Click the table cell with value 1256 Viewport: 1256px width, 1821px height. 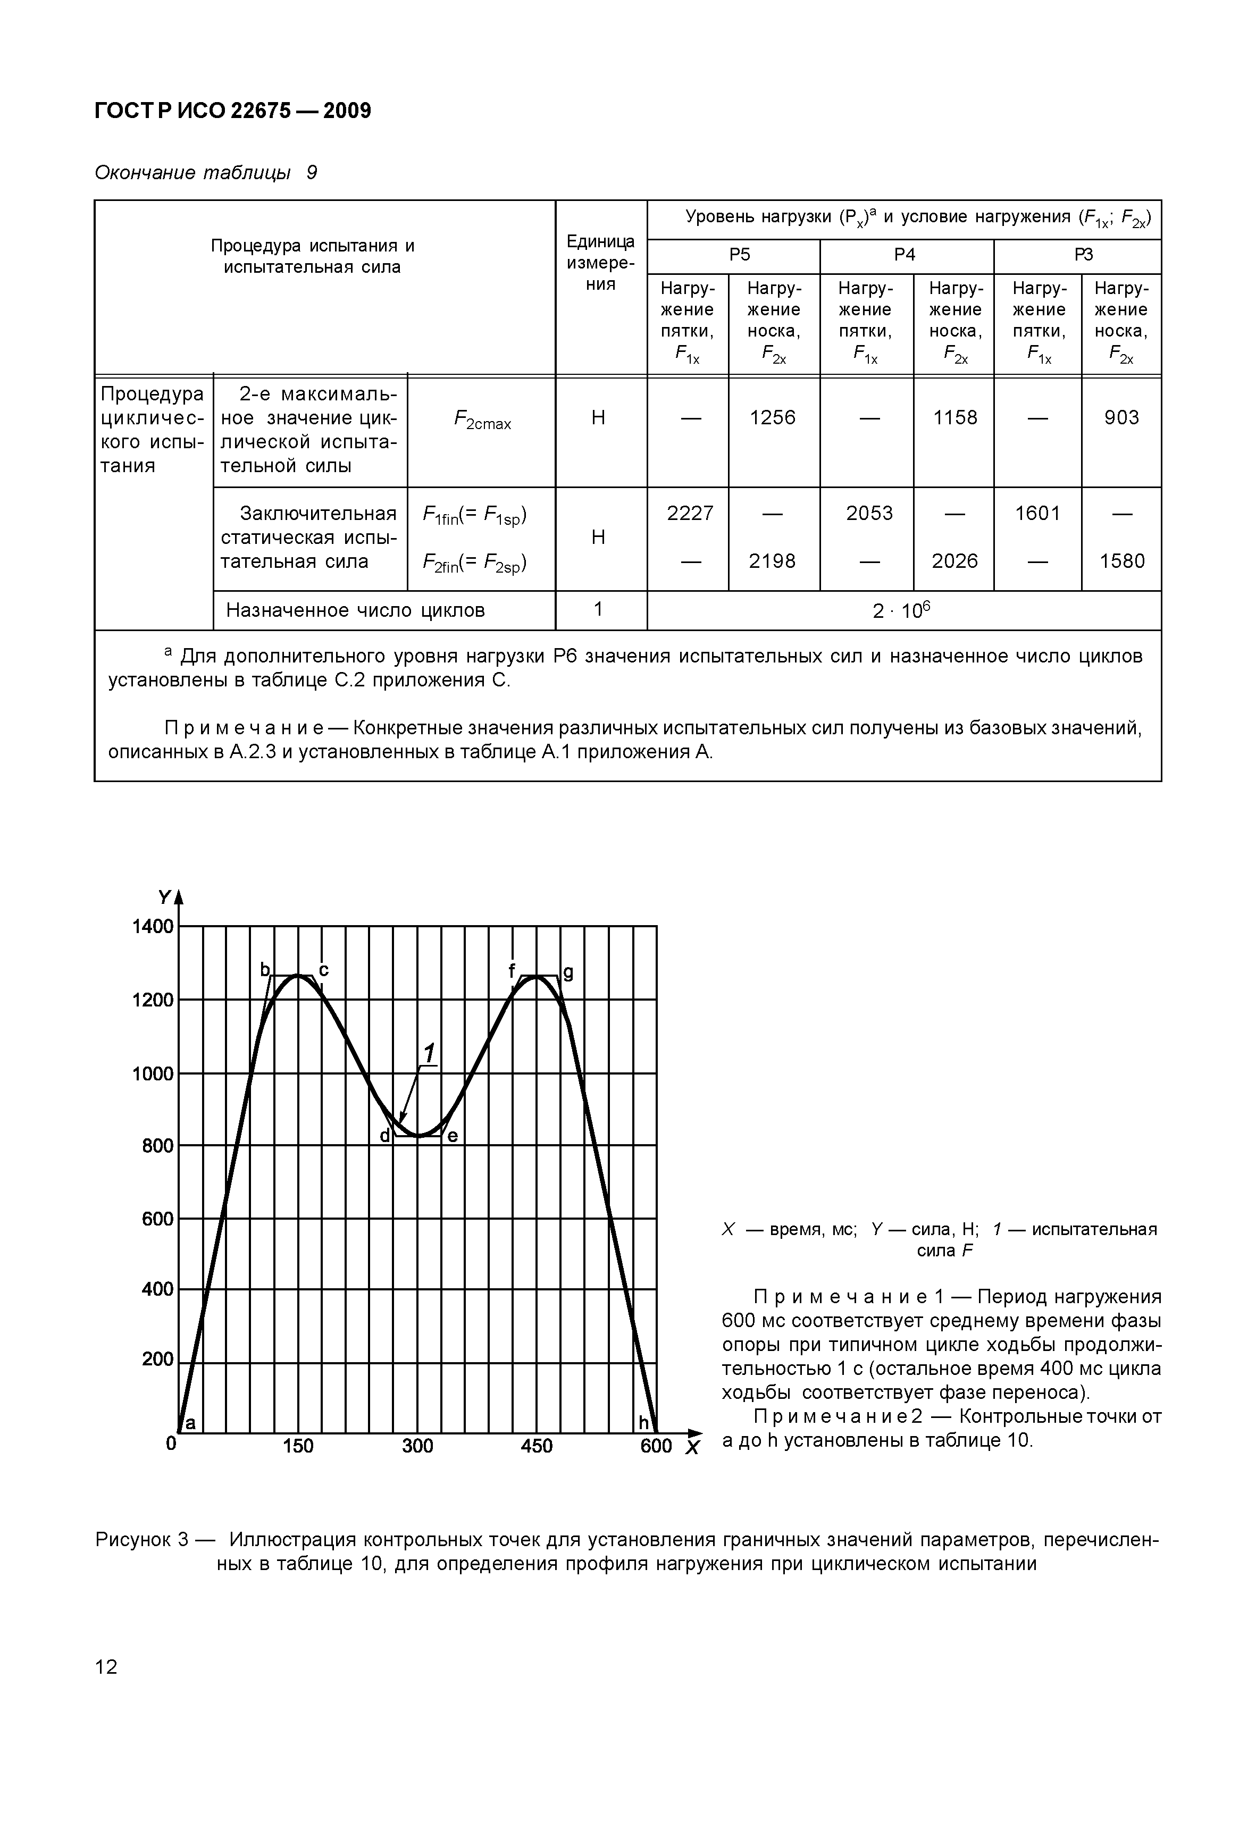coord(772,418)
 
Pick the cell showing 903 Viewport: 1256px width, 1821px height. coord(1121,418)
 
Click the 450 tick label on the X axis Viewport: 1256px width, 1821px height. coord(537,1446)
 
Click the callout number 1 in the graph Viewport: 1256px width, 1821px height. coord(430,1052)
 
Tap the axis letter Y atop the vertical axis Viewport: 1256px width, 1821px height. coord(164,897)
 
